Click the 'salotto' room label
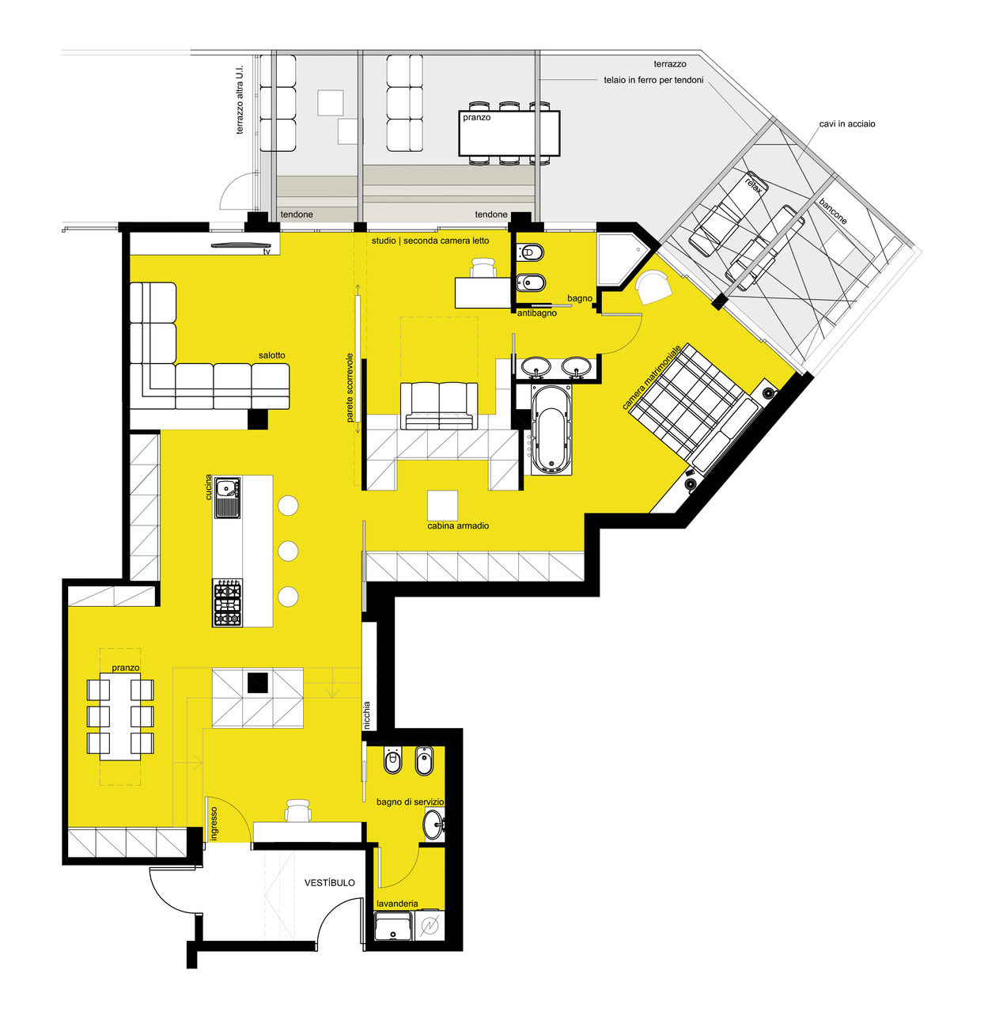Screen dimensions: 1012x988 [271, 355]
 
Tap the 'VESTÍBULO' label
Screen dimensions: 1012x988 [330, 882]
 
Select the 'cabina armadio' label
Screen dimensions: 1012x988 [458, 525]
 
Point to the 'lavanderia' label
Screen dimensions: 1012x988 [397, 904]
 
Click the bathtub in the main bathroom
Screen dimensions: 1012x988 [551, 430]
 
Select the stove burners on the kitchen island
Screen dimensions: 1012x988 [228, 603]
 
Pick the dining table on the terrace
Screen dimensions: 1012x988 [509, 133]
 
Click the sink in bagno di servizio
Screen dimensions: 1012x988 [434, 825]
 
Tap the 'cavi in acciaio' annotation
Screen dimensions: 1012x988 [847, 124]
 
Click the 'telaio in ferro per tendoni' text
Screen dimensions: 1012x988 [653, 80]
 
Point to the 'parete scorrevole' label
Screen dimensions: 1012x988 [350, 387]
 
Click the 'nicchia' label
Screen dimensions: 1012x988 [366, 715]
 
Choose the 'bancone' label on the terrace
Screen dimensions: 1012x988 [833, 211]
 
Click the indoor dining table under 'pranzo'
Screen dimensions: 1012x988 [120, 717]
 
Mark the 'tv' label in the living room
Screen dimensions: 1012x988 [267, 252]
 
